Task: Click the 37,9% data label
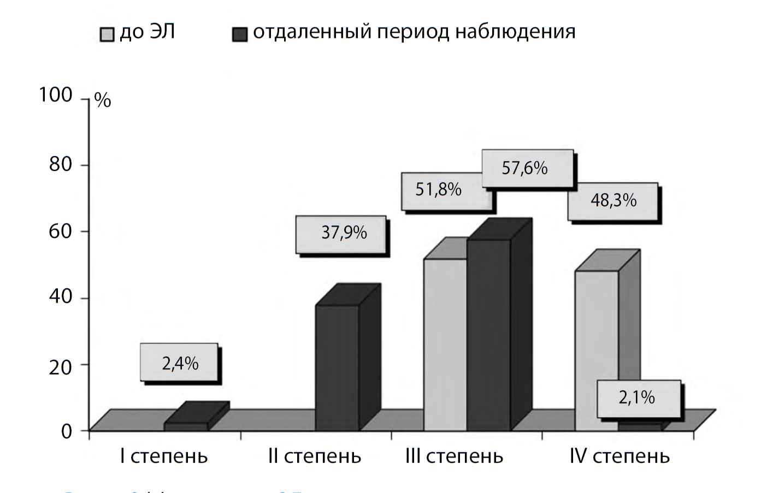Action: click(344, 233)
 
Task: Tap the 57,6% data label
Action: click(524, 168)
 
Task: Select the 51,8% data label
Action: click(438, 190)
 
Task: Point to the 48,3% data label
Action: click(613, 200)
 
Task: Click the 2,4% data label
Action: click(180, 363)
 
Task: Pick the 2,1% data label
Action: click(636, 397)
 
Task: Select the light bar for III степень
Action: click(445, 344)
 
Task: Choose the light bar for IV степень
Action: click(596, 349)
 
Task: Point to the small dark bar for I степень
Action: click(186, 426)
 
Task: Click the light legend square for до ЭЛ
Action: click(107, 34)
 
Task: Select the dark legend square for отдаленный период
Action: click(239, 34)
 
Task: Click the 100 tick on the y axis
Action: click(56, 96)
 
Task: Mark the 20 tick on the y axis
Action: click(60, 367)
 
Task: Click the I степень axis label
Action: click(164, 456)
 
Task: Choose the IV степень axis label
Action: click(619, 456)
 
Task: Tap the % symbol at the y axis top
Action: click(103, 101)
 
